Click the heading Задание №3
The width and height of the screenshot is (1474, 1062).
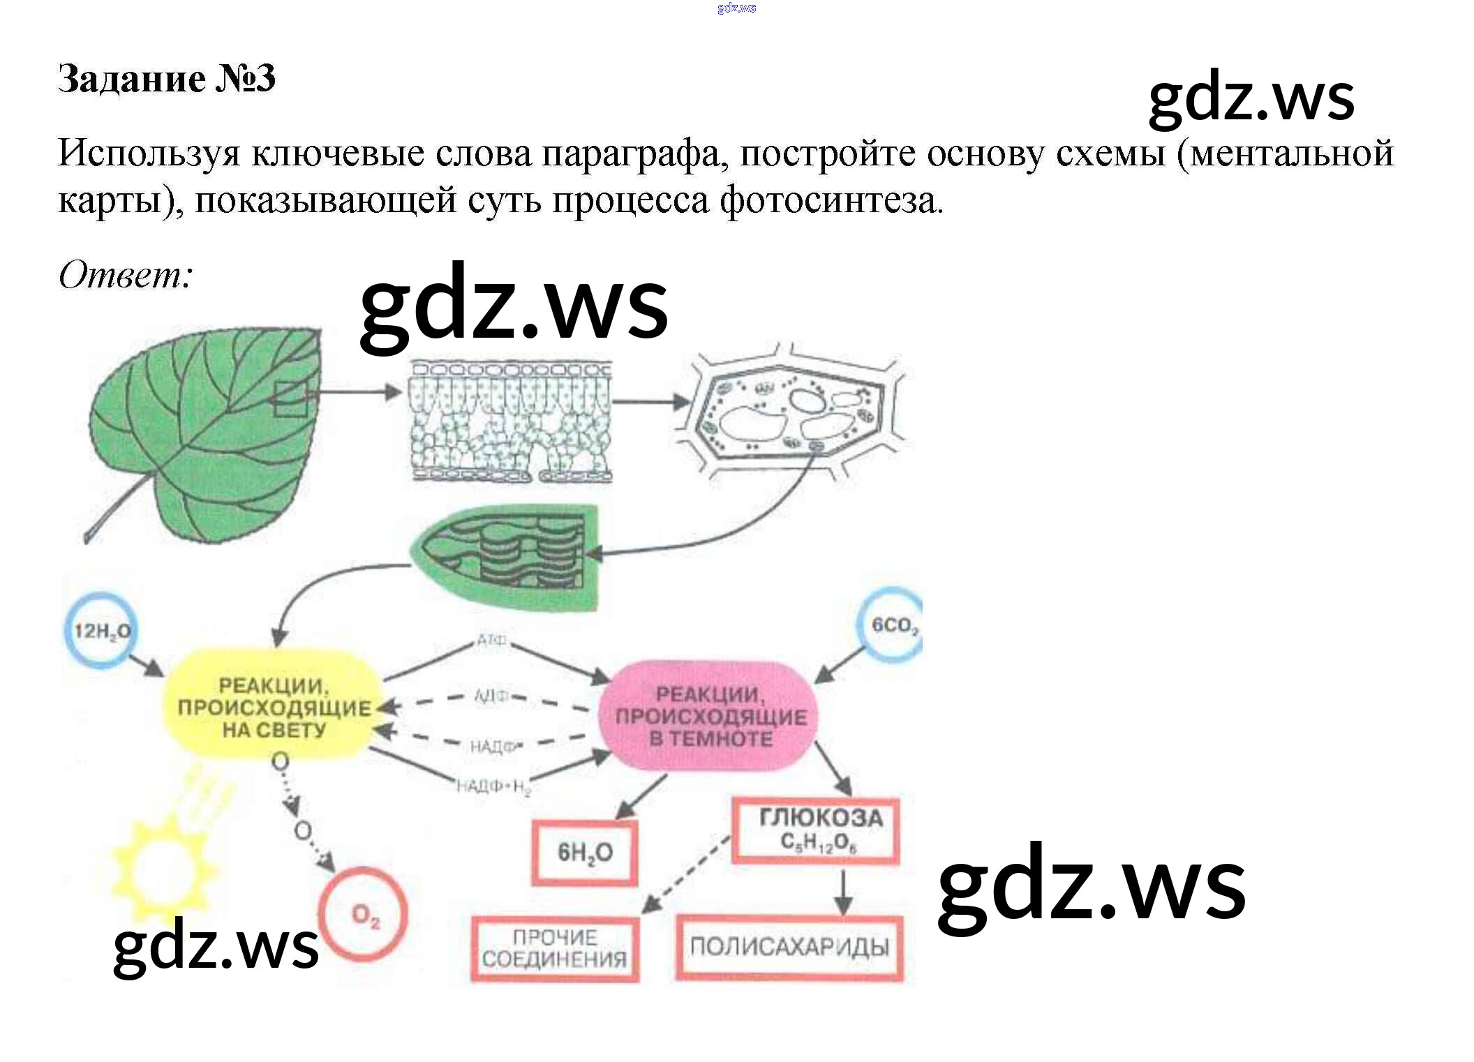point(166,78)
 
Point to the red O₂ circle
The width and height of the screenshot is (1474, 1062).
point(364,914)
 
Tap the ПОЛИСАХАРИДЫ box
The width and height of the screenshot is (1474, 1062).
point(789,947)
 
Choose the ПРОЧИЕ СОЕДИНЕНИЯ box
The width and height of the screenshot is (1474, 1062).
point(555,949)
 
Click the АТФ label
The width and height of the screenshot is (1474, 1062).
point(491,640)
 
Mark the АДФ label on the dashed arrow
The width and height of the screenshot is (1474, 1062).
point(491,696)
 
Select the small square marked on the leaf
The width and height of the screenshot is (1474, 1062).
point(290,399)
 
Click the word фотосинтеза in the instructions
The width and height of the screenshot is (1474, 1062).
point(831,201)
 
